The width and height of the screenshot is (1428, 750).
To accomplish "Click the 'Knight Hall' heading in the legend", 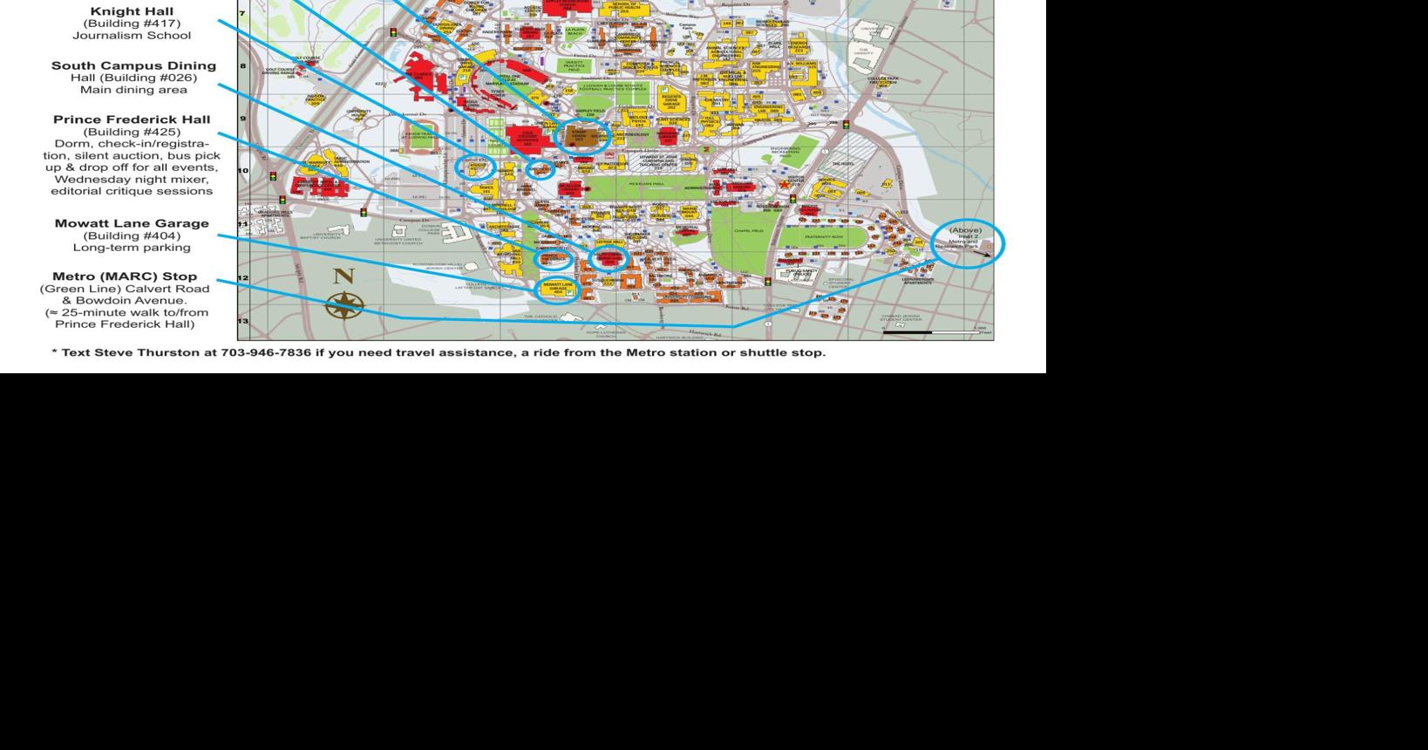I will pyautogui.click(x=132, y=11).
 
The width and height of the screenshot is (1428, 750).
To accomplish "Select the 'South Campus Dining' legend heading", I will pyautogui.click(x=133, y=65).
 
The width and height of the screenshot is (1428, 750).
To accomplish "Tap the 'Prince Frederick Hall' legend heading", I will pyautogui.click(x=132, y=119).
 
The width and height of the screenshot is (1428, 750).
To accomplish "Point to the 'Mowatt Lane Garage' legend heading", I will pyautogui.click(x=132, y=223).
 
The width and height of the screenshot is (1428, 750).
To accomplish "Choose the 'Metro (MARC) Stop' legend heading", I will pyautogui.click(x=125, y=276).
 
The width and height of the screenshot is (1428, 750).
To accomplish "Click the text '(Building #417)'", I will pyautogui.click(x=132, y=24).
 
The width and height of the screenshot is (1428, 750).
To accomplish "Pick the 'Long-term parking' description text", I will pyautogui.click(x=132, y=248).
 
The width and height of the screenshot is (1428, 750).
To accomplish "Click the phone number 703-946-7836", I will pyautogui.click(x=266, y=352).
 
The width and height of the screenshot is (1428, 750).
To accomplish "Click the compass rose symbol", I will pyautogui.click(x=344, y=305).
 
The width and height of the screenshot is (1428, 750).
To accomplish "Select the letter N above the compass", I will pyautogui.click(x=343, y=276).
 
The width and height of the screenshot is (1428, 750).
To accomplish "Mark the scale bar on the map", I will pyautogui.click(x=931, y=332).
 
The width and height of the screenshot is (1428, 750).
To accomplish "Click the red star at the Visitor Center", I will pyautogui.click(x=784, y=184).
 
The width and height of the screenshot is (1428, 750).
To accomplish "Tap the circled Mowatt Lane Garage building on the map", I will pyautogui.click(x=558, y=289).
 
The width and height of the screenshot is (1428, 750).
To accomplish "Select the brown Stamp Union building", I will pyautogui.click(x=579, y=135).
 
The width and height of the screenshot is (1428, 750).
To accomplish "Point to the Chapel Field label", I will pyautogui.click(x=748, y=230).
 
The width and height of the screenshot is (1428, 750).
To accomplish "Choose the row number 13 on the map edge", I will pyautogui.click(x=243, y=321).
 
